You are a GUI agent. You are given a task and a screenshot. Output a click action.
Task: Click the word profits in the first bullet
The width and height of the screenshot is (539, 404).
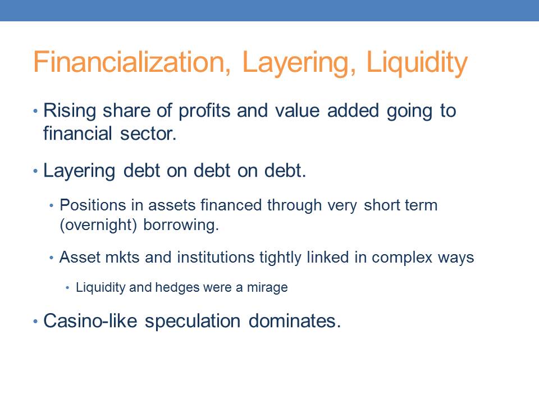coord(204,111)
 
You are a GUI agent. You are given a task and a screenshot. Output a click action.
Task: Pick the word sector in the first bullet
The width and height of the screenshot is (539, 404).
coord(148,134)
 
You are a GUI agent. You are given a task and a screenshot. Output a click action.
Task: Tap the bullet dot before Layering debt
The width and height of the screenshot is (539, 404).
coord(35,171)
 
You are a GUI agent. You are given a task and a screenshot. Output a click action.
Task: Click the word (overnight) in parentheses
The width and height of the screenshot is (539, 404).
coord(98,226)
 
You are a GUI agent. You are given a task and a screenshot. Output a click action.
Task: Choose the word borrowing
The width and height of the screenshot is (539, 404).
coord(181,226)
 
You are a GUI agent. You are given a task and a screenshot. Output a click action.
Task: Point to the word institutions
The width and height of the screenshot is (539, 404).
coord(216,258)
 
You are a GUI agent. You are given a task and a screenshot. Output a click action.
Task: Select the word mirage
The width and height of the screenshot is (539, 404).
coord(267,287)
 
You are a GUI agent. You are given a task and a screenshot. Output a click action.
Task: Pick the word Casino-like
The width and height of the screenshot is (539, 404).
coord(90,321)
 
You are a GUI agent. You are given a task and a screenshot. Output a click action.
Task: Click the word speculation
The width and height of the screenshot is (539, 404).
coord(193,322)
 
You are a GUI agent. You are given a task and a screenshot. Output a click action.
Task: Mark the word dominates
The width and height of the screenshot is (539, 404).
coord(294,321)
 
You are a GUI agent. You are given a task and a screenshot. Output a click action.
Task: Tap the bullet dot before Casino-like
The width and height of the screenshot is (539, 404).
coord(35,322)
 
